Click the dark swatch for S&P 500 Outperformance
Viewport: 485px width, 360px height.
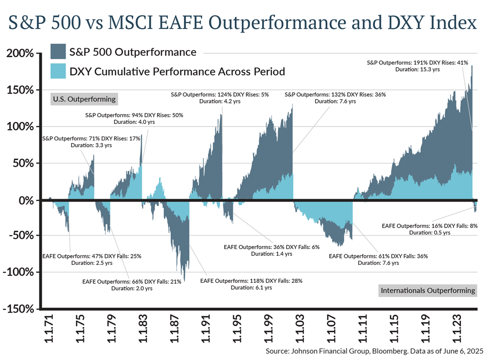tap(58, 52)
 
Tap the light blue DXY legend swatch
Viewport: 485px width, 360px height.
tap(58, 71)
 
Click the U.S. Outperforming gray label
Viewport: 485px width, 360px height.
tap(84, 99)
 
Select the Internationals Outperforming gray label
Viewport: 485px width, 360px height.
tap(427, 290)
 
